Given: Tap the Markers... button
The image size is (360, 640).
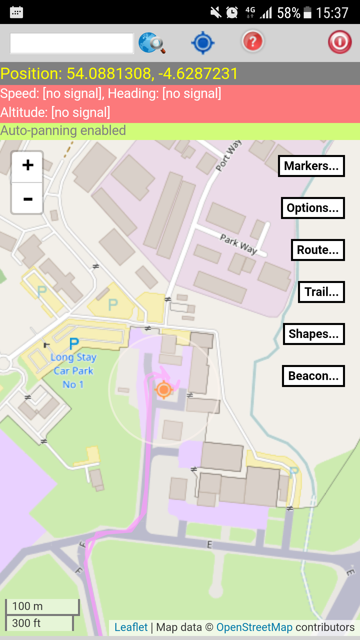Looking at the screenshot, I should (311, 166).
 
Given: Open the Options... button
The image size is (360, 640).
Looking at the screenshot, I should (313, 208).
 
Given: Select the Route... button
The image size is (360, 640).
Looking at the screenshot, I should (318, 250).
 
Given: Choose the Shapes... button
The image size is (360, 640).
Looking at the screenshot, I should (314, 334).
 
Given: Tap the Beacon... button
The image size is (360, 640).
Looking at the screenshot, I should (313, 376).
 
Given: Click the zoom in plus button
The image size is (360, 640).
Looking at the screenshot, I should (28, 166).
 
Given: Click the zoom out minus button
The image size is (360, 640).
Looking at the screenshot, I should (28, 199).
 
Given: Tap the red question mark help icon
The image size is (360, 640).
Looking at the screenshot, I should (253, 42).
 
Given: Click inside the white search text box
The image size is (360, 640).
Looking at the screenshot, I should (72, 43).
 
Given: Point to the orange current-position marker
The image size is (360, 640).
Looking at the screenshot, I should (164, 389).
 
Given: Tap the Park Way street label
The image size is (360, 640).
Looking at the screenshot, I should (239, 244).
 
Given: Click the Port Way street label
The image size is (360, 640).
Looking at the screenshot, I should (228, 155).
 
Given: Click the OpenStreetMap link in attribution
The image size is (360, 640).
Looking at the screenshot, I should (254, 627).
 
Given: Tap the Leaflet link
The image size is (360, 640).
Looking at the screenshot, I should (131, 627).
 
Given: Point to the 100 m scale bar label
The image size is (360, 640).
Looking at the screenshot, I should (28, 606).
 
